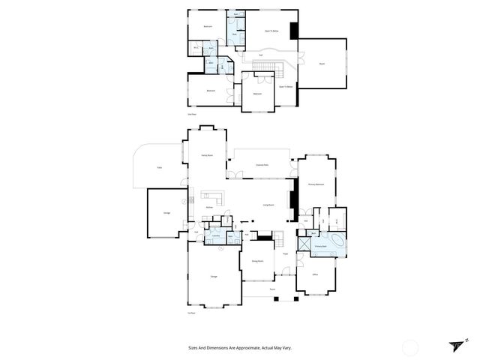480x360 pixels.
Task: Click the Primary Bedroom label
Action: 316,184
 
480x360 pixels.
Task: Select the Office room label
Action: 316,274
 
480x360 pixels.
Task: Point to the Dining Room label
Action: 256,262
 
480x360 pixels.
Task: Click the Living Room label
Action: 268,205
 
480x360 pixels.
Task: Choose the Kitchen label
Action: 210,208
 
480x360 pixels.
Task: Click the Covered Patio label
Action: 262,164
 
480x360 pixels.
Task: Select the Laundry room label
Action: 215,236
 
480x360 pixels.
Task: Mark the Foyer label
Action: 285,255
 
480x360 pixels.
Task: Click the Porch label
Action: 273,288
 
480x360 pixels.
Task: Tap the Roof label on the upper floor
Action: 322,64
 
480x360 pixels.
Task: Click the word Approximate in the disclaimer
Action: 245,348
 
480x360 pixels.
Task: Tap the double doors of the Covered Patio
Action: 236,175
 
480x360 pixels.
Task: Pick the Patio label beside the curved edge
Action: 160,168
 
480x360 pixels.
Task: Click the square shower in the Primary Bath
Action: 314,234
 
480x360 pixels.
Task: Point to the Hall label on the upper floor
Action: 260,55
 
